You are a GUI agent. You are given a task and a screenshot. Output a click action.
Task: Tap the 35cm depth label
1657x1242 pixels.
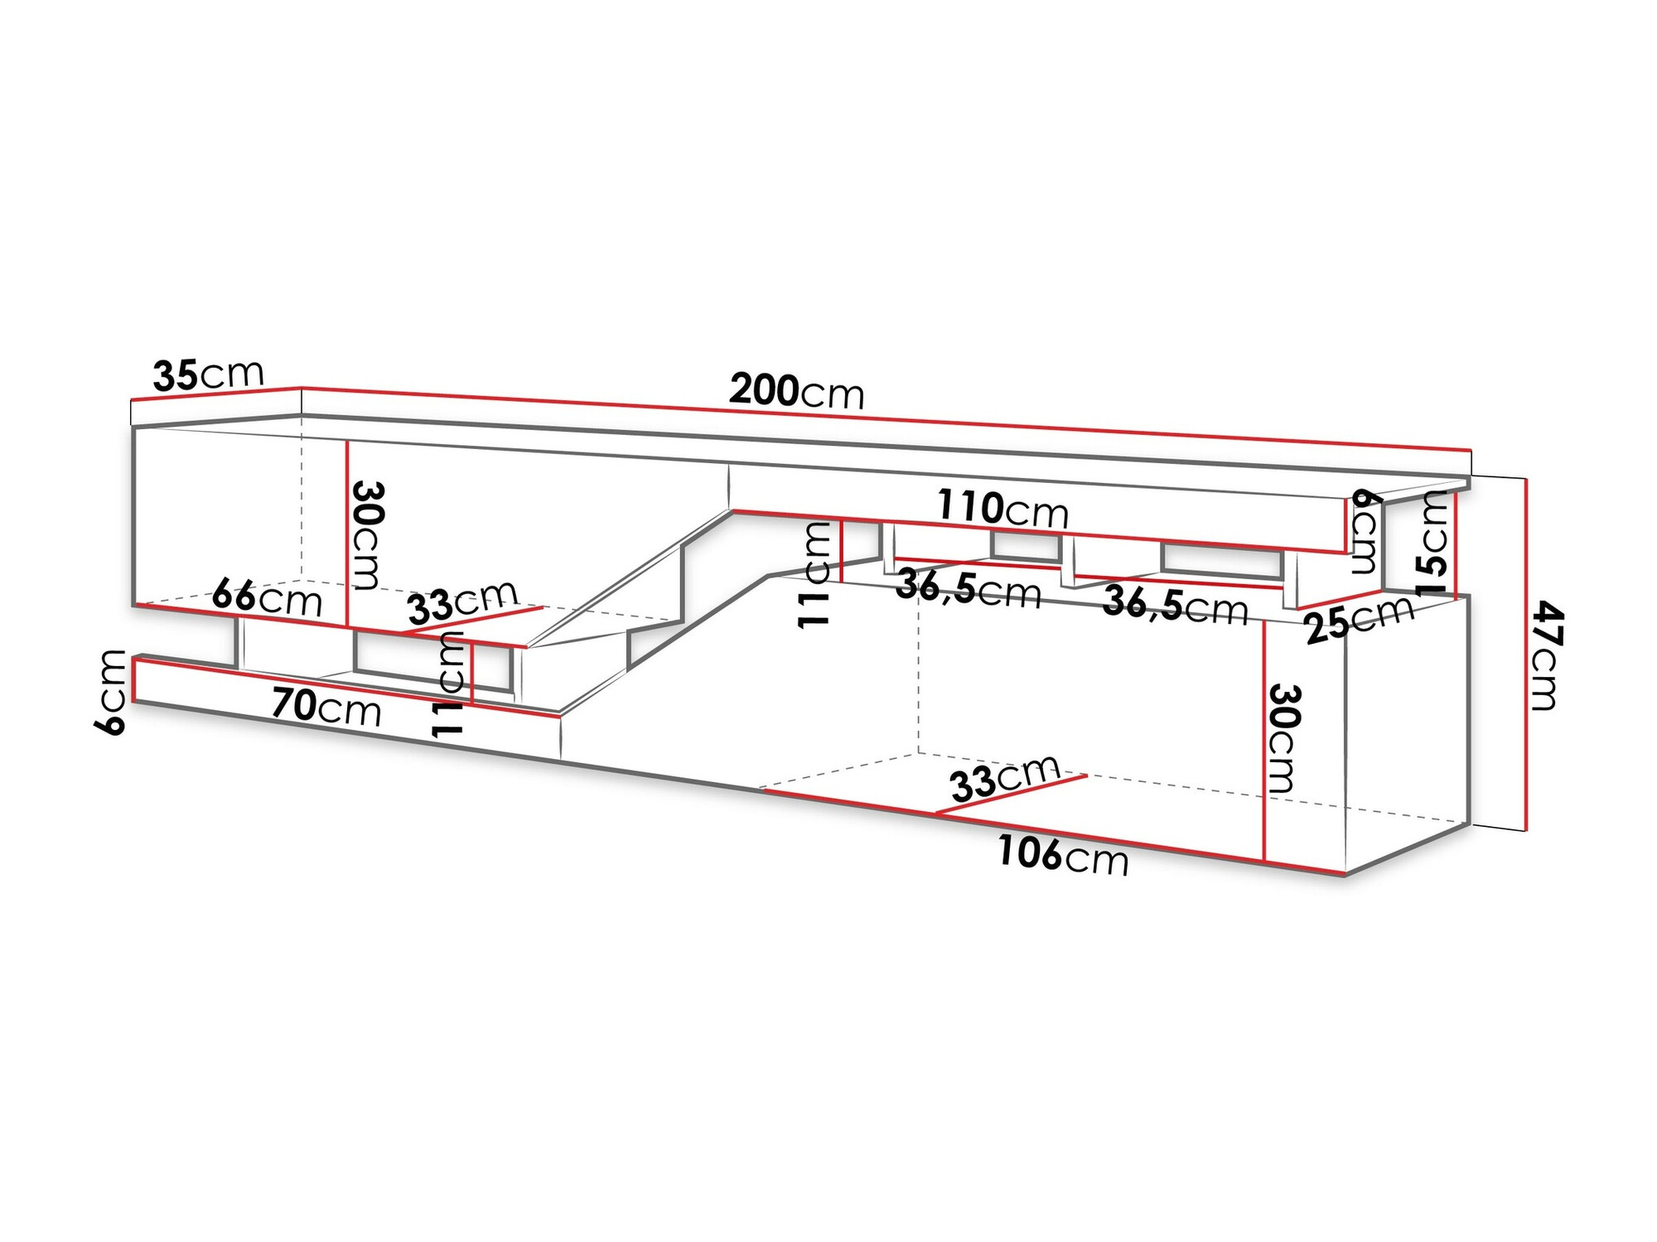coord(208,375)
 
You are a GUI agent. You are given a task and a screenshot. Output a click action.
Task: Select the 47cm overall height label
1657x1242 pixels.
coord(1546,656)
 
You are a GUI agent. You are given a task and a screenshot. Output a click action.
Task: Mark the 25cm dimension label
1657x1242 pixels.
coord(1360,618)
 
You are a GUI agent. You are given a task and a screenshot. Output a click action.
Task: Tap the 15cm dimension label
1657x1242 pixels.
coord(1432,543)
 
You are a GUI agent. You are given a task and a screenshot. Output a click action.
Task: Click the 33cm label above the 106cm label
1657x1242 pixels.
coord(1004,778)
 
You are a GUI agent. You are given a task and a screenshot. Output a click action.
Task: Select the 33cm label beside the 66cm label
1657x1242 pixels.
coord(462,602)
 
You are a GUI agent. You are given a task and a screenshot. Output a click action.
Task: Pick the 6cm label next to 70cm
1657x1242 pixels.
coord(111,692)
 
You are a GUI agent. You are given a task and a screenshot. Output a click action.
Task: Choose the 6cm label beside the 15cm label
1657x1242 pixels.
coord(1365,531)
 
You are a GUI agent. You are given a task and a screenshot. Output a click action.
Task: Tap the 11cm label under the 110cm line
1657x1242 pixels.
coord(815,574)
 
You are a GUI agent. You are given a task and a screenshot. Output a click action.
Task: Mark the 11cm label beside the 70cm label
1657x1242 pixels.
coord(447,684)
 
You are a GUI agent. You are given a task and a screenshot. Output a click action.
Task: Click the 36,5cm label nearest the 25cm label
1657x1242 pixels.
coord(1175,605)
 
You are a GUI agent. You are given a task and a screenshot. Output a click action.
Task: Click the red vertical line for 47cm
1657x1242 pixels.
coord(1525,654)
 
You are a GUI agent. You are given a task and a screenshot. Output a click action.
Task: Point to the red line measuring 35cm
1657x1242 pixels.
coord(215,394)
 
